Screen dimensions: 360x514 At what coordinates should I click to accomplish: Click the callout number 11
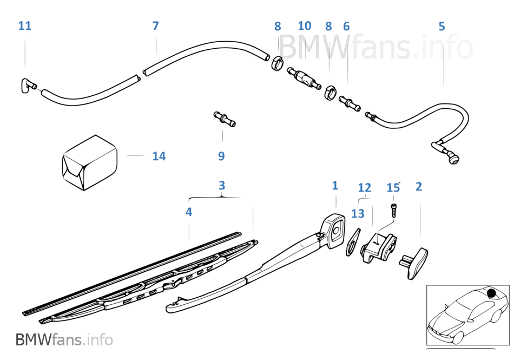(25, 26)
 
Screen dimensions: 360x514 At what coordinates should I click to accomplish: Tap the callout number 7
(156, 26)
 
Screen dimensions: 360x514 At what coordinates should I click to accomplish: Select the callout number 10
(305, 26)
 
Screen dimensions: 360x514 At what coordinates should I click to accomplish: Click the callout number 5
(442, 26)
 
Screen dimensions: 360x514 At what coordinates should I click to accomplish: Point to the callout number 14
(159, 156)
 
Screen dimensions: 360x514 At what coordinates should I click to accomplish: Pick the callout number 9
(221, 156)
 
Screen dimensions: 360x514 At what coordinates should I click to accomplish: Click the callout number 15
(393, 187)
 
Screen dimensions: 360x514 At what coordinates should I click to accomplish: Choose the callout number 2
(419, 187)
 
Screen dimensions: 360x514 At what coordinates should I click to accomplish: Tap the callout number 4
(189, 212)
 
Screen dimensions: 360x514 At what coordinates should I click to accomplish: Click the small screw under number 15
(393, 209)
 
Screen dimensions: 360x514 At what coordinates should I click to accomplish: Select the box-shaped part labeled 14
(88, 162)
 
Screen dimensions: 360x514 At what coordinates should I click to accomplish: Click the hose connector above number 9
(225, 117)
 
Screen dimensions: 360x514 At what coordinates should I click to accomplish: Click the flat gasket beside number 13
(353, 242)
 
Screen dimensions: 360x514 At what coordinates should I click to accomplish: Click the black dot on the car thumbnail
(491, 294)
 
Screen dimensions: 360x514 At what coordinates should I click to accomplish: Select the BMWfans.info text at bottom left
(64, 340)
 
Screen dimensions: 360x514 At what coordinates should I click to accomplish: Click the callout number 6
(346, 26)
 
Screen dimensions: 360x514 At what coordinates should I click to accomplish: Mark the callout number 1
(335, 186)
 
